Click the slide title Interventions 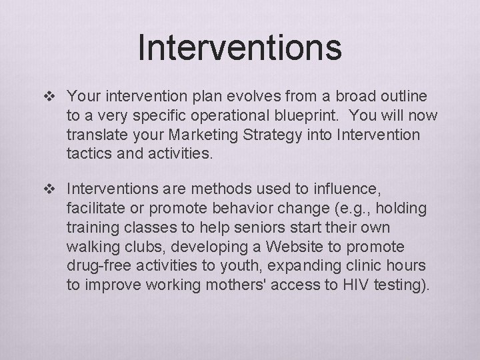tap(240, 48)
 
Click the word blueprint tap(322, 115)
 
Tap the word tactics tap(89, 154)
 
